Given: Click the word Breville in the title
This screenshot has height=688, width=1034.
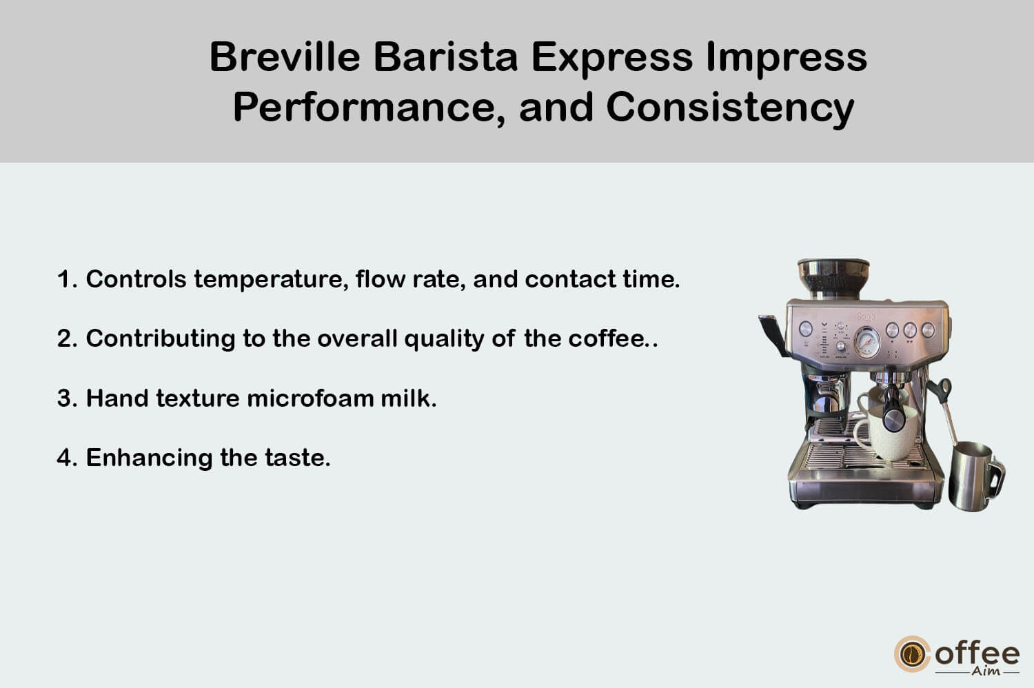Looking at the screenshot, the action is click(284, 57).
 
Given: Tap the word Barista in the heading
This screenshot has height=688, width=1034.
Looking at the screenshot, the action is click(445, 57).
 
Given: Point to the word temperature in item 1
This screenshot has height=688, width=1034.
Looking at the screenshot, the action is click(271, 280).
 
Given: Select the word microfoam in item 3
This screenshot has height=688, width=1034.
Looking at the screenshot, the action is click(310, 398).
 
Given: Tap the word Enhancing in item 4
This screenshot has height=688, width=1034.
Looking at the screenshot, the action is click(149, 458).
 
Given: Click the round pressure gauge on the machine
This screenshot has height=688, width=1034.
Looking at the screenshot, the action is click(867, 343).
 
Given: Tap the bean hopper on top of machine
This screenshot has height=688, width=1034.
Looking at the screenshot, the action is click(833, 279).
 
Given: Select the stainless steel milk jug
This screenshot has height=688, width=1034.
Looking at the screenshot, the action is click(976, 476).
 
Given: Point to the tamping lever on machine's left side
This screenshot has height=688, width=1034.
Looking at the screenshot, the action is click(773, 335).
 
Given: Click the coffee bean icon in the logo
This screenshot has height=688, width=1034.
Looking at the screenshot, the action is click(912, 654).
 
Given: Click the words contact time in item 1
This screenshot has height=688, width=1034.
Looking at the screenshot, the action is click(602, 279).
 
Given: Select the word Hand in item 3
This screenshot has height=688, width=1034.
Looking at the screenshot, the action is click(116, 398).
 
